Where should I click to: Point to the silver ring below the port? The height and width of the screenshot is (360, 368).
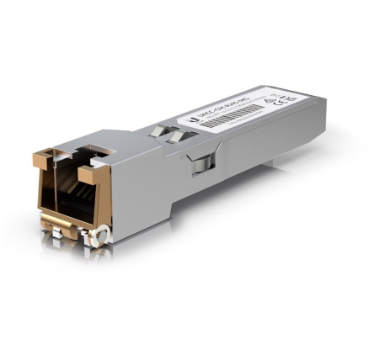click(x=100, y=236)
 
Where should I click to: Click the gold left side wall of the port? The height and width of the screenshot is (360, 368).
click(x=44, y=193)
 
